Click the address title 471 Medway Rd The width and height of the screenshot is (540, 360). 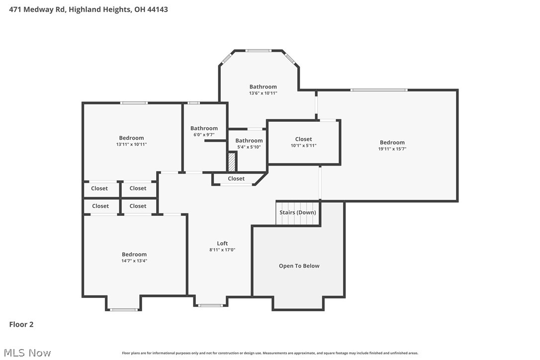click(89, 9)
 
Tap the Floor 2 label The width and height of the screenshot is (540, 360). click(21, 325)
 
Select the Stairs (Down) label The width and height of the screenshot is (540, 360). click(298, 212)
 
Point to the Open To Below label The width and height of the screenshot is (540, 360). click(299, 266)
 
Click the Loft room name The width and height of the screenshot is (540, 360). click(222, 243)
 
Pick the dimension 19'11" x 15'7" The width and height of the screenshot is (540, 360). click(392, 149)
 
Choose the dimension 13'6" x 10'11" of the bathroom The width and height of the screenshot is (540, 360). click(263, 93)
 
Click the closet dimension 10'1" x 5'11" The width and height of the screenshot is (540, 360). click(303, 146)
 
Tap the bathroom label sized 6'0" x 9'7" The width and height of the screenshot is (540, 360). click(204, 128)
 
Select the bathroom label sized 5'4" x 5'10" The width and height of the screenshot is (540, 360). click(249, 141)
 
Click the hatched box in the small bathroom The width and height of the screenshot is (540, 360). click(232, 162)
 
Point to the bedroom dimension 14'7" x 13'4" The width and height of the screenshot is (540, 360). click(134, 261)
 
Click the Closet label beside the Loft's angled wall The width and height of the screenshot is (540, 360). click(236, 179)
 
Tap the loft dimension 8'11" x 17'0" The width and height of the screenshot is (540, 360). click(222, 250)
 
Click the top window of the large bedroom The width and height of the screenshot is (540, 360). click(379, 90)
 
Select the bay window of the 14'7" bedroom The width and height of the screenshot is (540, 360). click(123, 310)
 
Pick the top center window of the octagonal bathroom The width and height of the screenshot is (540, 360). click(258, 50)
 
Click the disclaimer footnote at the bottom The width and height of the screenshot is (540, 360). click(270, 353)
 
